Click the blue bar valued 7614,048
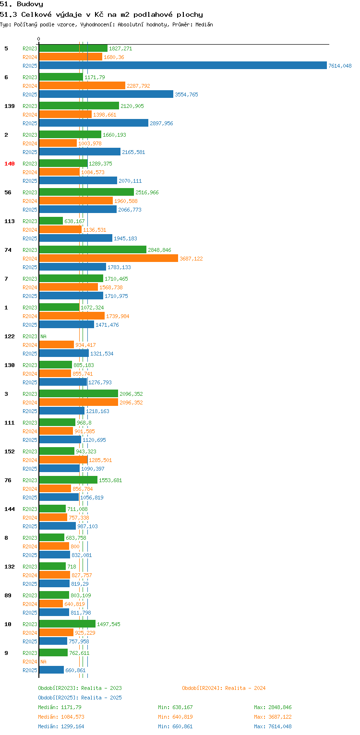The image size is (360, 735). (183, 65)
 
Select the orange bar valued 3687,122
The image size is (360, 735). (108, 258)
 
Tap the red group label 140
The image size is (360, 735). (10, 164)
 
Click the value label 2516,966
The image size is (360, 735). (147, 192)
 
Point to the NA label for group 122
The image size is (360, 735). (43, 336)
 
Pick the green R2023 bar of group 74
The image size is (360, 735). (93, 249)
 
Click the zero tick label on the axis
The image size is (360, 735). (39, 39)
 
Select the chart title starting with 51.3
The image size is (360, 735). (101, 14)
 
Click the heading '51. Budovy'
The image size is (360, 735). (22, 4)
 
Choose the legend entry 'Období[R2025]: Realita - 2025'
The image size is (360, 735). (80, 698)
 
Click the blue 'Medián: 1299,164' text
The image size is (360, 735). (61, 726)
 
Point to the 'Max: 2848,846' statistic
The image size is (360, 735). (273, 707)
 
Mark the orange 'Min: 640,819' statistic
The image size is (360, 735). (175, 717)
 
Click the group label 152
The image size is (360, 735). (10, 451)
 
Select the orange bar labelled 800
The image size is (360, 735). (54, 546)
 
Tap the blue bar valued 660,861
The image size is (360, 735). (51, 670)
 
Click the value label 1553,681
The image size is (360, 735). (110, 480)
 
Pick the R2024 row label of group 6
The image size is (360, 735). (30, 86)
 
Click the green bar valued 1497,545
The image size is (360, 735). (67, 624)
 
